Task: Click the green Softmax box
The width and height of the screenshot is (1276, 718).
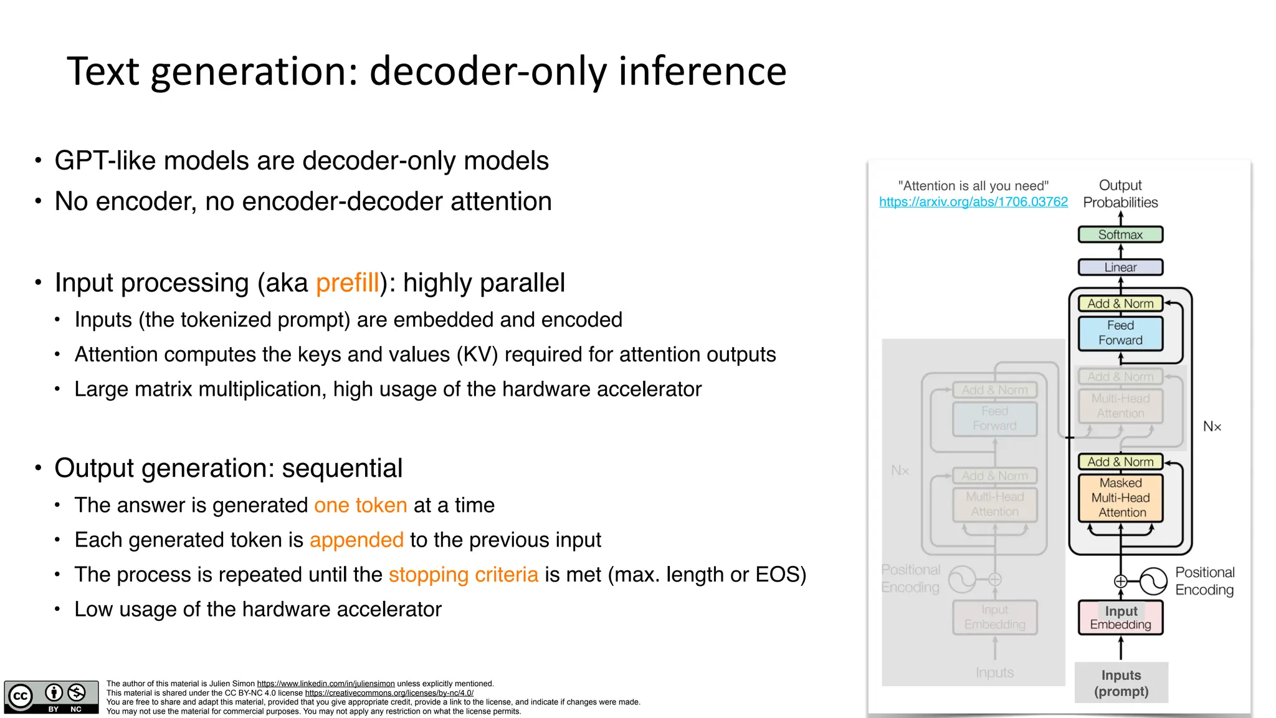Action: coord(1120,235)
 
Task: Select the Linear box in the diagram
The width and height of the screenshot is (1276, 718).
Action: coord(1120,267)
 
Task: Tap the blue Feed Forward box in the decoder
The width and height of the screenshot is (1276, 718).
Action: coord(1120,333)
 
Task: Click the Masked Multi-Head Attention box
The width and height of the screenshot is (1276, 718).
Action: coord(1120,498)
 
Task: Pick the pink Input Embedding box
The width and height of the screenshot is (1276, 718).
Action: coord(1120,618)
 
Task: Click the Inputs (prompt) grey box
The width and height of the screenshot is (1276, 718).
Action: coord(1121,683)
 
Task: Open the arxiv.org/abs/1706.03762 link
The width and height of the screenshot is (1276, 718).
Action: coord(973,202)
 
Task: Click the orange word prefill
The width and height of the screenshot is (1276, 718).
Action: coord(347,283)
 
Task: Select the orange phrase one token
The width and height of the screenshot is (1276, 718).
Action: coord(360,505)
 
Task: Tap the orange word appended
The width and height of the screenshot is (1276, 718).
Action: coord(356,540)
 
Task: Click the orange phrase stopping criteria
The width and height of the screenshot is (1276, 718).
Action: coord(463,575)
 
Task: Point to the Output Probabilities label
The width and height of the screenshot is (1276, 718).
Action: coord(1120,194)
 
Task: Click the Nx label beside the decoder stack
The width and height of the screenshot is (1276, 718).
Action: coord(1212,427)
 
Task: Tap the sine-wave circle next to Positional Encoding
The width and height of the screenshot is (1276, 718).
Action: coord(1153,582)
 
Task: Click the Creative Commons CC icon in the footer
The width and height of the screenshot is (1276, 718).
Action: coord(21,696)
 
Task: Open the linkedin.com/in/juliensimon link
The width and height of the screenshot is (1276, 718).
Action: coord(326,684)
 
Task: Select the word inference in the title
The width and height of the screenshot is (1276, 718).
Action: coord(702,71)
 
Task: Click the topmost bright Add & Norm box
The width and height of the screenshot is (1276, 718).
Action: coord(1120,304)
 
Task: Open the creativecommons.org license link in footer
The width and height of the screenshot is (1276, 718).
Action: coord(389,693)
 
